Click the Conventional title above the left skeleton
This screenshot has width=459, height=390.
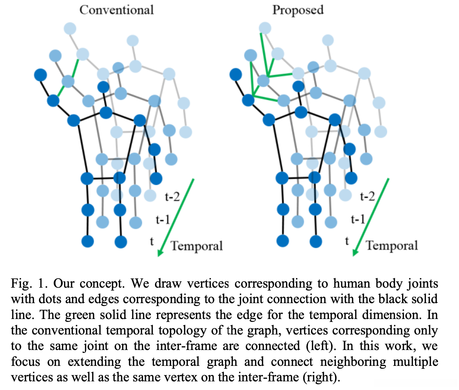[x=116, y=10]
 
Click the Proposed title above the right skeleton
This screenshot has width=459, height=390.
[x=298, y=10]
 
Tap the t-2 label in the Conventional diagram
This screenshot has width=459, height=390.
[x=172, y=196]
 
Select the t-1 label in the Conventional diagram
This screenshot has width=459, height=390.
[x=162, y=219]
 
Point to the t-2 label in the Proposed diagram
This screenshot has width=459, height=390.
[x=367, y=196]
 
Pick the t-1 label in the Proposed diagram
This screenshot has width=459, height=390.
[x=358, y=219]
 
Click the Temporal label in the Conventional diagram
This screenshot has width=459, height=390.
[x=197, y=246]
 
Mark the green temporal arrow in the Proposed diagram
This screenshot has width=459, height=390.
[x=372, y=216]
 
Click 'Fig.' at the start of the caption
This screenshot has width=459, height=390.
[x=21, y=284]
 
